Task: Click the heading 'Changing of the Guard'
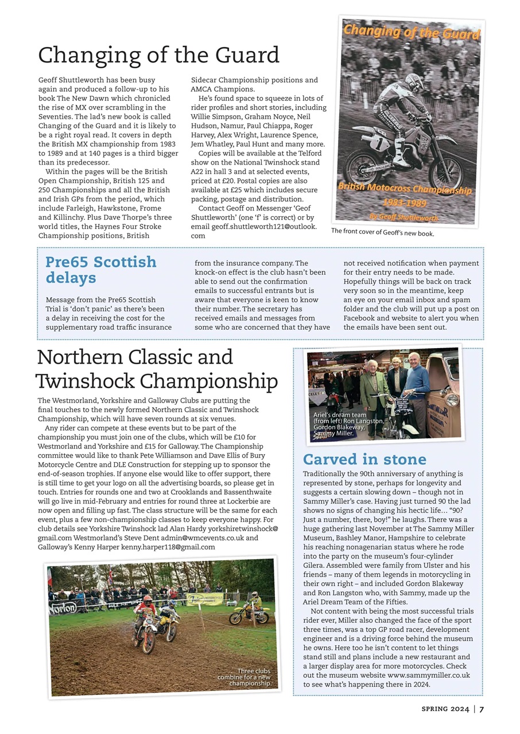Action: click(158, 56)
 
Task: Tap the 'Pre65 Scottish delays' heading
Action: click(100, 270)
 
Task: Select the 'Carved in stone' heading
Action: click(364, 459)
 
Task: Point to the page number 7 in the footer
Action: click(482, 709)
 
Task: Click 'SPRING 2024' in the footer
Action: click(445, 709)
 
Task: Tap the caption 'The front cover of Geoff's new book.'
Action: click(382, 233)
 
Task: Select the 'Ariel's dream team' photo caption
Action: click(347, 424)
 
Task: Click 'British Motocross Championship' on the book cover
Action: click(405, 189)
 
